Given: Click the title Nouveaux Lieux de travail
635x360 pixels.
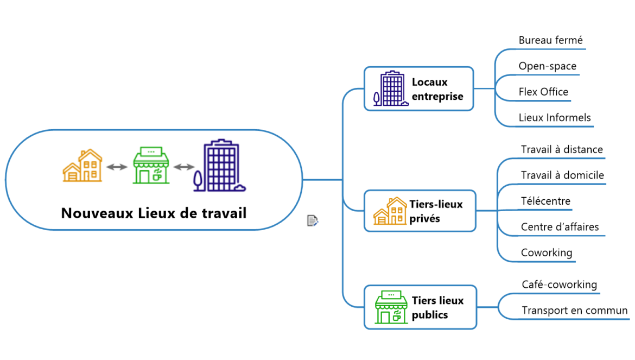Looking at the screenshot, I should click(x=154, y=213).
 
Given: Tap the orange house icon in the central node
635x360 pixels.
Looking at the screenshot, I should click(x=82, y=166).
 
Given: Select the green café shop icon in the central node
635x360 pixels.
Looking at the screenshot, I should click(x=151, y=165).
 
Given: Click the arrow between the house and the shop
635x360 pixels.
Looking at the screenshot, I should click(x=116, y=167).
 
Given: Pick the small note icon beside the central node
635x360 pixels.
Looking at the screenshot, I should click(x=312, y=220).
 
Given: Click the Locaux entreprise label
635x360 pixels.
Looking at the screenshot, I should click(x=437, y=89).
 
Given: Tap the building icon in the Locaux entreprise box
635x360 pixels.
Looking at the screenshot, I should click(x=391, y=89).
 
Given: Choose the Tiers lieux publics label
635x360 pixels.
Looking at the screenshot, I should click(x=437, y=307).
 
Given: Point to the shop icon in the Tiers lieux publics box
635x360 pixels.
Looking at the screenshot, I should click(x=391, y=307).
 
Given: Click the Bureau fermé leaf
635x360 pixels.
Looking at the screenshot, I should click(x=550, y=40).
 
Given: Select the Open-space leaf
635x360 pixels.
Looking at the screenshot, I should click(x=547, y=66).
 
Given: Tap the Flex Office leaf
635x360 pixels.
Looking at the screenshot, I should click(x=543, y=92).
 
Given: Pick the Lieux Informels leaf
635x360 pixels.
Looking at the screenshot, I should click(x=554, y=118).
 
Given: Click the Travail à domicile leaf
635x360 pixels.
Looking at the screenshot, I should click(x=562, y=175).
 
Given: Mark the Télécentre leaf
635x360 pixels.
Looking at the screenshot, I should click(x=545, y=201).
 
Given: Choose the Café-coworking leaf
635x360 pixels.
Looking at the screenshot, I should click(x=559, y=285).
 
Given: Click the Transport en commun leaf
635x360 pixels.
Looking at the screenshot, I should click(x=574, y=311).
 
